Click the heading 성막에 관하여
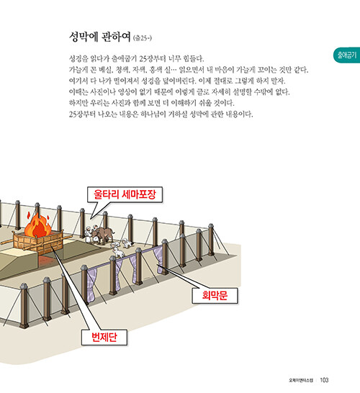(x=100, y=37)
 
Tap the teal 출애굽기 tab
(x=347, y=55)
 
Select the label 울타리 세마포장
(x=125, y=194)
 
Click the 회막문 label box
(x=215, y=296)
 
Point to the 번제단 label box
(x=104, y=337)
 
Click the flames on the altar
(x=37, y=225)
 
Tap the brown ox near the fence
(x=103, y=234)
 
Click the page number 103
(x=324, y=380)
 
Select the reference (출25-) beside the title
(x=143, y=38)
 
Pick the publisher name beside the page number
(x=301, y=380)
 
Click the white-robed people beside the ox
(x=90, y=234)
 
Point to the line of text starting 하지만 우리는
(x=152, y=103)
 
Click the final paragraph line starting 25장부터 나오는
(x=161, y=114)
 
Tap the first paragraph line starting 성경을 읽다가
(x=136, y=58)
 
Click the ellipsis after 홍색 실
(x=174, y=70)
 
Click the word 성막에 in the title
(x=84, y=37)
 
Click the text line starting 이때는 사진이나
(x=179, y=92)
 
